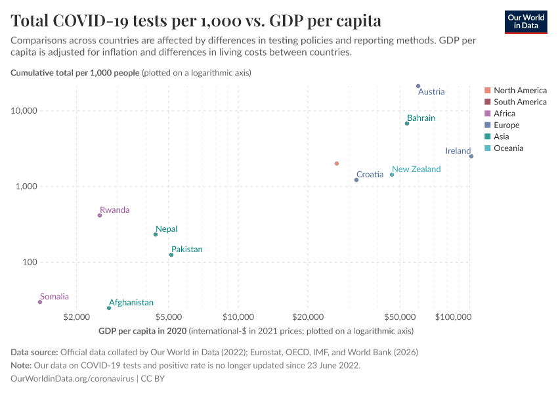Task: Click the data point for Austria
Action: tap(418, 86)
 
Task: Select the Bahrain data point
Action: tap(407, 123)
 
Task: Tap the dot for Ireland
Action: tap(471, 156)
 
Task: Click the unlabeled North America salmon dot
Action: tap(337, 164)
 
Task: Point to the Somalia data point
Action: tap(40, 302)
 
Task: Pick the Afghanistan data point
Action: tap(109, 308)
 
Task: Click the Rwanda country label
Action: tap(114, 210)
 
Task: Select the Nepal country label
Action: tap(166, 229)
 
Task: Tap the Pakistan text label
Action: tap(186, 250)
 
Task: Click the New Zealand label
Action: tap(416, 169)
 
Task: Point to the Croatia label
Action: tap(370, 175)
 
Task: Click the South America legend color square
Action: tap(487, 102)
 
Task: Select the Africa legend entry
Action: tap(504, 114)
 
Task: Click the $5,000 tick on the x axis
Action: tap(169, 317)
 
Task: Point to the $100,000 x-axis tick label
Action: tap(454, 317)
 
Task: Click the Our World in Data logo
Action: tap(526, 22)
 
